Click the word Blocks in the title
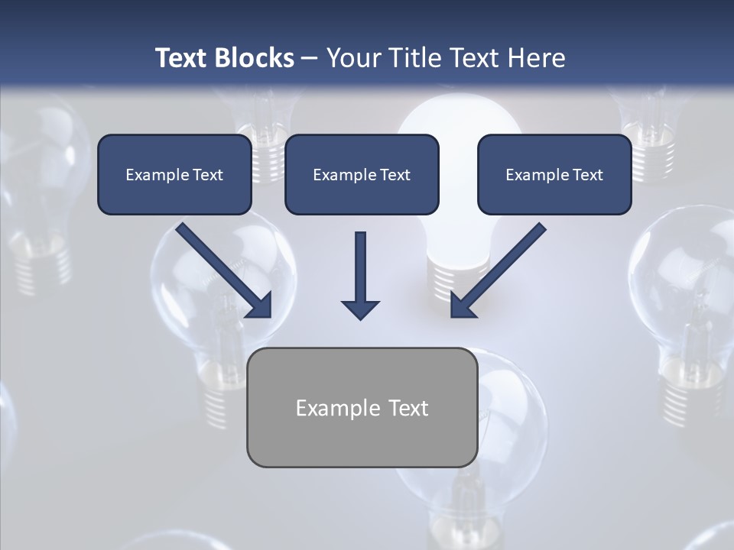(x=255, y=58)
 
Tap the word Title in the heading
(x=414, y=58)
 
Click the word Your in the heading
(x=352, y=58)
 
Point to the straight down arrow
(x=360, y=271)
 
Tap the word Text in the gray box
(x=408, y=409)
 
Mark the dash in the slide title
(x=310, y=58)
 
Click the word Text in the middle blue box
(x=395, y=175)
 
